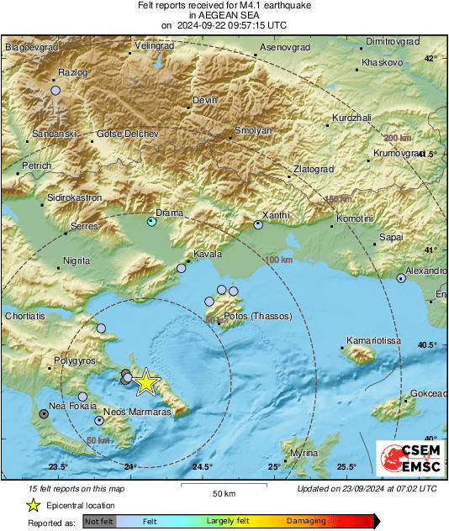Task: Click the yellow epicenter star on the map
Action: tap(145, 382)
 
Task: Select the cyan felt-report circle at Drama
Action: tap(151, 222)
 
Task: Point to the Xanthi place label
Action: tap(275, 215)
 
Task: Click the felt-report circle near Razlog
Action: tap(56, 90)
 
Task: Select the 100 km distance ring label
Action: tap(278, 260)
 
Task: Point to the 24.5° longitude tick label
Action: tap(202, 467)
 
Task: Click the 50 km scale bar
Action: tap(223, 486)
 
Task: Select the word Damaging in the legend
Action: tap(306, 521)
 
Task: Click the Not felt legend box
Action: tap(100, 522)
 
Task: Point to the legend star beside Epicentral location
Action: tap(34, 505)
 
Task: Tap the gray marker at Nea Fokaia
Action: tap(44, 413)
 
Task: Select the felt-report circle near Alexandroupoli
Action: tap(401, 279)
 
